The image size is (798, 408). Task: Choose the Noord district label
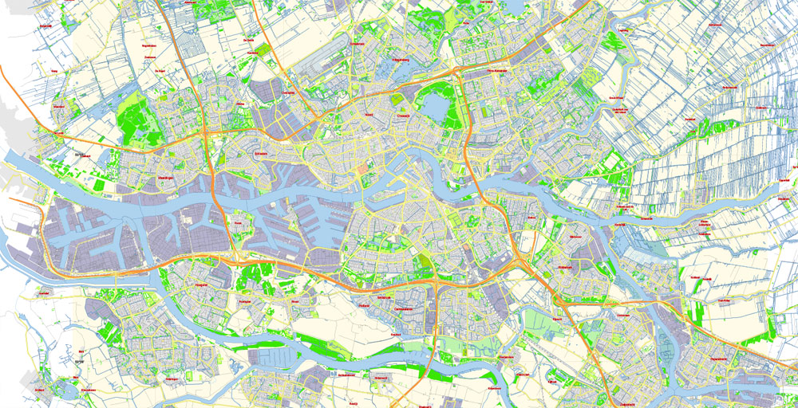point(368,115)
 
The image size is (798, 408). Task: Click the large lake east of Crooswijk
point(435,108)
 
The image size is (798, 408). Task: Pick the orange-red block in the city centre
point(365,168)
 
